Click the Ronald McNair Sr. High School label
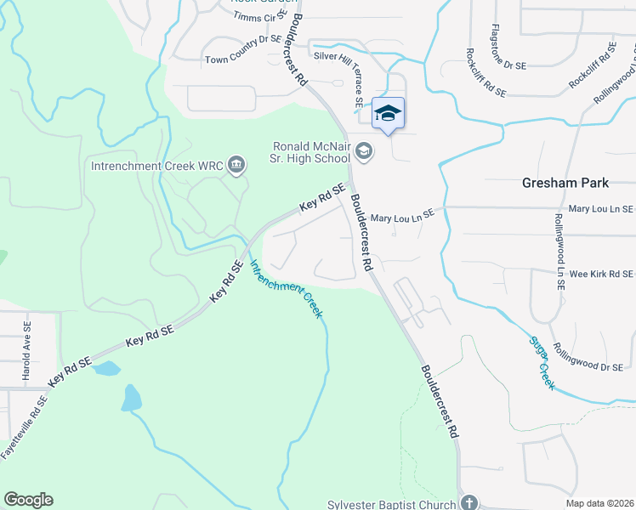[310, 152]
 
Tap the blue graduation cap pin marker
[388, 114]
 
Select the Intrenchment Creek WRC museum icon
[236, 165]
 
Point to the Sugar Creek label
[542, 363]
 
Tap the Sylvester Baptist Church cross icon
[469, 503]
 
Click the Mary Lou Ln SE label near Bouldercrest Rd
[402, 218]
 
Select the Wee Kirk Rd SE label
[601, 274]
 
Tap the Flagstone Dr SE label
[510, 48]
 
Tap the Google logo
[28, 500]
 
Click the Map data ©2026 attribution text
[599, 503]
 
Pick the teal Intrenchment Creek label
[287, 289]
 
